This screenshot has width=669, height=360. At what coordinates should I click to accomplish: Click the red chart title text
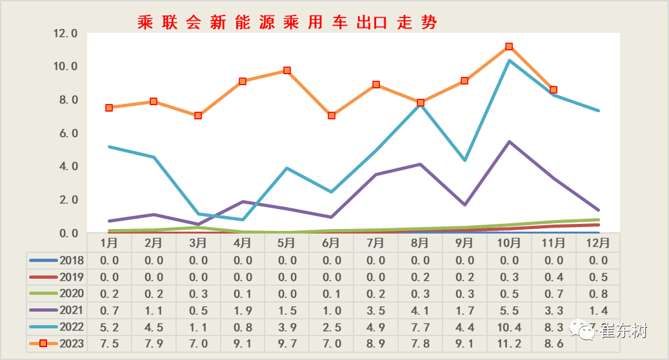pyautogui.click(x=287, y=23)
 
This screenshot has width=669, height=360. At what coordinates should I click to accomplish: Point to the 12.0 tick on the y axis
pyautogui.click(x=65, y=34)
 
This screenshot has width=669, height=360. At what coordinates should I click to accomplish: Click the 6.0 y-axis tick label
pyautogui.click(x=65, y=134)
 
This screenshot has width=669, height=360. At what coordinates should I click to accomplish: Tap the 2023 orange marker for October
pyautogui.click(x=509, y=46)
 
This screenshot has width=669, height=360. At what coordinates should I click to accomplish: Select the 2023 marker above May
pyautogui.click(x=287, y=70)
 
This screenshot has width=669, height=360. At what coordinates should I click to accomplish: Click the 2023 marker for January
pyautogui.click(x=109, y=108)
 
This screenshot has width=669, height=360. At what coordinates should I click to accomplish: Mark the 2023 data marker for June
pyautogui.click(x=332, y=115)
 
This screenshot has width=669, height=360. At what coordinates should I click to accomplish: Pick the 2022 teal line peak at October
pyautogui.click(x=509, y=61)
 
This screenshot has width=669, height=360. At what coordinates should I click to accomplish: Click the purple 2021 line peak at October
pyautogui.click(x=509, y=142)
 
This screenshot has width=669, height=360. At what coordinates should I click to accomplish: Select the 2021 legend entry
pyautogui.click(x=57, y=310)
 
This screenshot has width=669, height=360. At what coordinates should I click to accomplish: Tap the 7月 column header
pyautogui.click(x=375, y=243)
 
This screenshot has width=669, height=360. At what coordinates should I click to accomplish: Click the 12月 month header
pyautogui.click(x=598, y=243)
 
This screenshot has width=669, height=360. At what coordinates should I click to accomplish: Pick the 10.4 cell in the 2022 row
pyautogui.click(x=509, y=327)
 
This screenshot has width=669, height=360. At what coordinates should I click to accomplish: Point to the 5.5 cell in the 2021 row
pyautogui.click(x=509, y=310)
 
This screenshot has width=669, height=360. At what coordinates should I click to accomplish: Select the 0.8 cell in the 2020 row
pyautogui.click(x=598, y=294)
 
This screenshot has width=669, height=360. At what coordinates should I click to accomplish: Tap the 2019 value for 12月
pyautogui.click(x=598, y=277)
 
